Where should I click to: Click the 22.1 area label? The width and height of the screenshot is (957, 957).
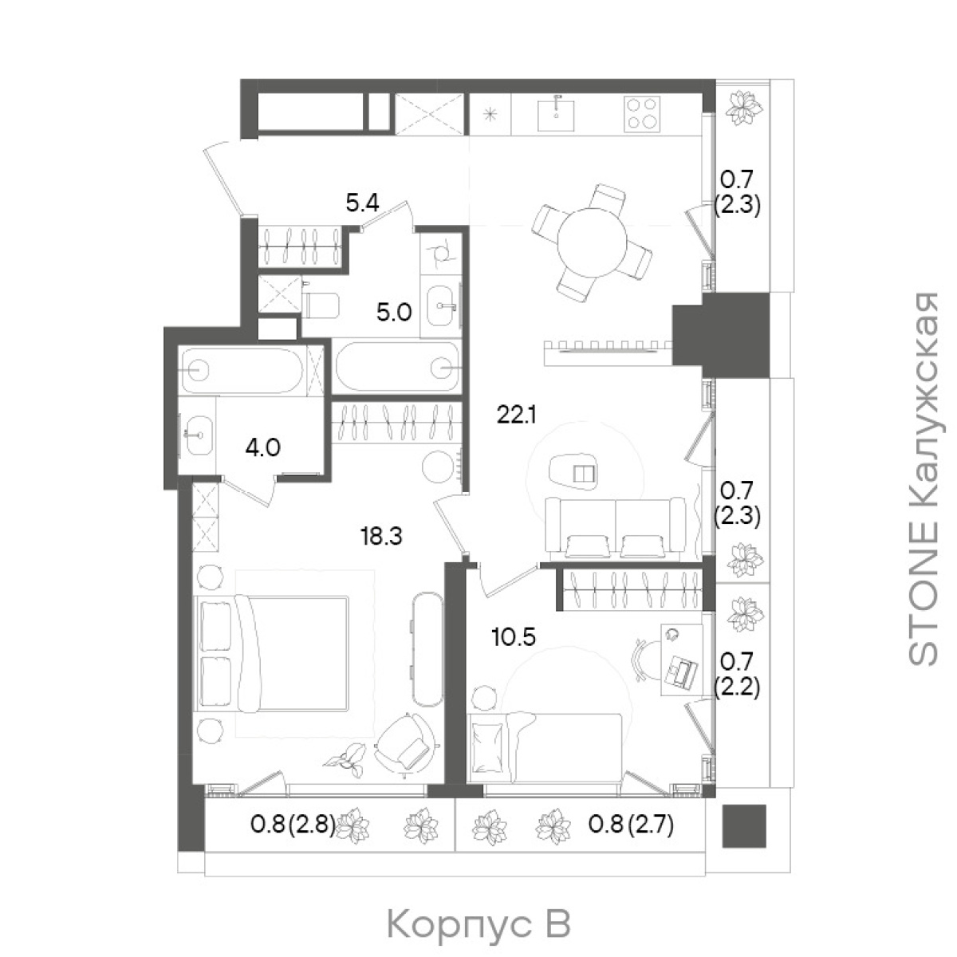coord(517,415)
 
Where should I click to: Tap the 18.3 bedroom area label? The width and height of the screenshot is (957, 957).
coord(381,537)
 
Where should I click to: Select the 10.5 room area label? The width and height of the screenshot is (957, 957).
coord(514,636)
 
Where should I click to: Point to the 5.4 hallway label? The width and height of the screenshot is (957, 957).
coord(363,203)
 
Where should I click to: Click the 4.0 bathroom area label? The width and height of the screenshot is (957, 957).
coord(262,447)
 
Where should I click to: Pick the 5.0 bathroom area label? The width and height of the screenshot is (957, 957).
coord(394,313)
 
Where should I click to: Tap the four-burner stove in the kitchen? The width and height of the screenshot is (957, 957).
coord(643,113)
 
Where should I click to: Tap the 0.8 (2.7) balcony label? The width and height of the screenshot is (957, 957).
coord(631,825)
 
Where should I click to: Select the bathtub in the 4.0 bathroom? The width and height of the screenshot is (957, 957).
coord(242,370)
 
